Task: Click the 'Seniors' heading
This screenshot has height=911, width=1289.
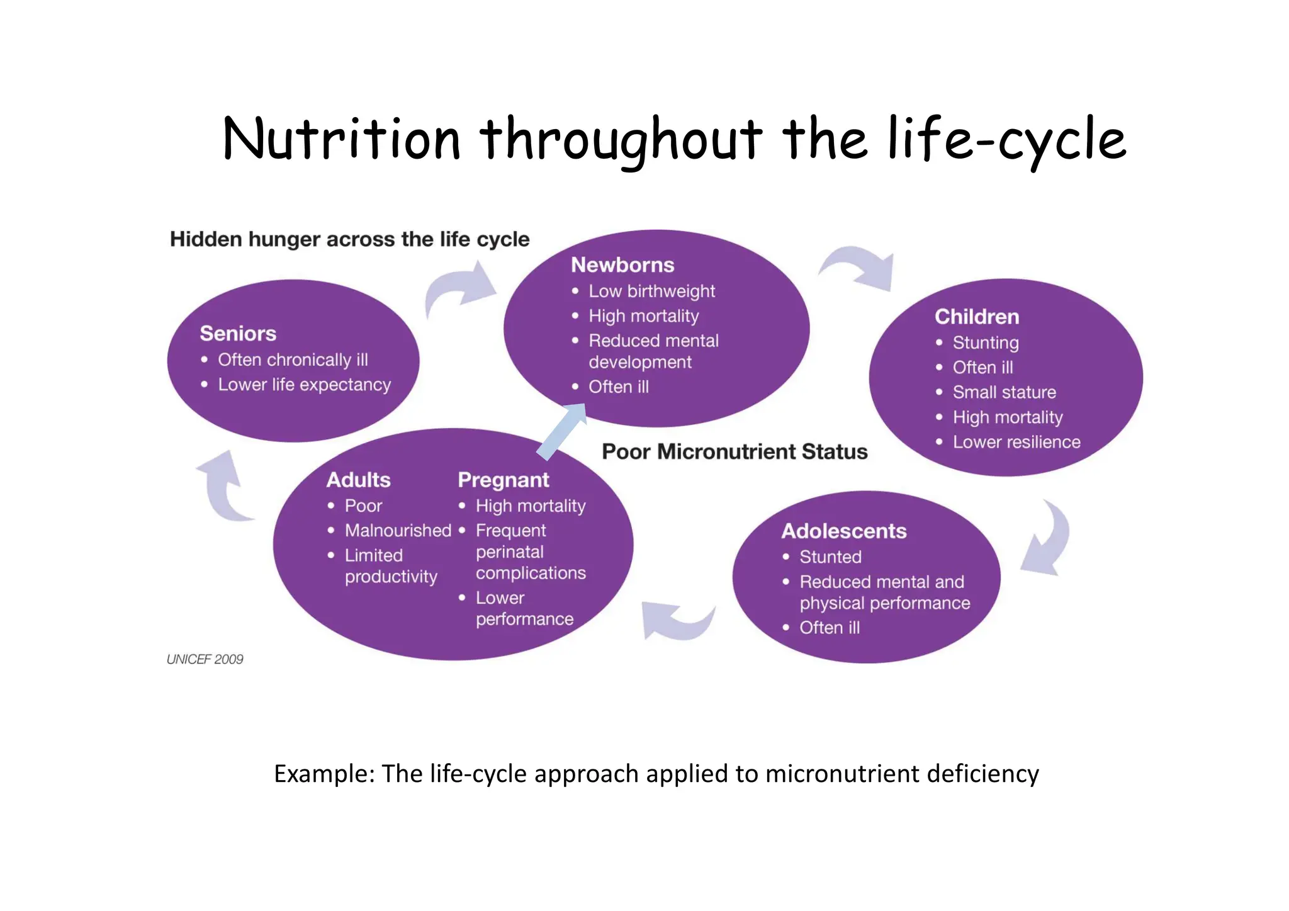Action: pos(238,333)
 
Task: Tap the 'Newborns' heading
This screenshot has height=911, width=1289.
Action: pos(622,265)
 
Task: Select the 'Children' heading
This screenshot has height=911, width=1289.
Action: pos(976,317)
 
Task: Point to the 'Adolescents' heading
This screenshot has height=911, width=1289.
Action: pos(843,531)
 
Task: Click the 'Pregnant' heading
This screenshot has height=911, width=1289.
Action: pos(503,480)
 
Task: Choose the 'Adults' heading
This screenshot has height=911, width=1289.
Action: pos(358,480)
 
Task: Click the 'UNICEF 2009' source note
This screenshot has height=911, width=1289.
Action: pos(205,659)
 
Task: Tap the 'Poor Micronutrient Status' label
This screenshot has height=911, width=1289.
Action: pos(735,451)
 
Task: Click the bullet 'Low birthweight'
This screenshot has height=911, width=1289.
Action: pos(651,291)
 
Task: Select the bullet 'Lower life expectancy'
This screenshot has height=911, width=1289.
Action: pos(304,385)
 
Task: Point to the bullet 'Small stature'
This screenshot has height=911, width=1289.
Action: pos(1004,392)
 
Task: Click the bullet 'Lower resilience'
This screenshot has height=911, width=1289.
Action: pos(1016,442)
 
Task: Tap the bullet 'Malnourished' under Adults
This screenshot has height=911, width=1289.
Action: pos(398,530)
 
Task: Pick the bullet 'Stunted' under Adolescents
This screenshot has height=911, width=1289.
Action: pos(830,557)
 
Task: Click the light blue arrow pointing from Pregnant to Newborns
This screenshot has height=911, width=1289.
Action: pos(562,431)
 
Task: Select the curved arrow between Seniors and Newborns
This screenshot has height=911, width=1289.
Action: pos(459,290)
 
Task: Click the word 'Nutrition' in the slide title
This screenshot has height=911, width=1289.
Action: pos(342,140)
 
